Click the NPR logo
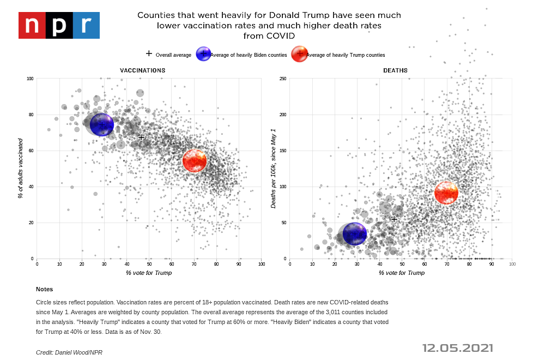click(59, 25)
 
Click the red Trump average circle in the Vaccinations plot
click(195, 160)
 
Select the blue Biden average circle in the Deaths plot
click(355, 234)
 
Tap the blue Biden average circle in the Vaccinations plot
click(102, 125)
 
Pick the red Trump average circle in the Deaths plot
click(446, 193)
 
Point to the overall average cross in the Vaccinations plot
click(141, 137)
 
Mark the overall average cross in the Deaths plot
click(394, 219)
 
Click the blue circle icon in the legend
click(203, 54)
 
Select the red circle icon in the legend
click(299, 54)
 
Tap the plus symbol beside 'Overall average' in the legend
click(149, 54)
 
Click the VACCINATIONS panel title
click(143, 70)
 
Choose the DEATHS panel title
click(395, 70)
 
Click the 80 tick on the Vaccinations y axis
click(31, 115)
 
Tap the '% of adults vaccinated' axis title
click(20, 168)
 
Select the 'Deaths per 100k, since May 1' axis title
click(274, 168)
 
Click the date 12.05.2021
click(457, 348)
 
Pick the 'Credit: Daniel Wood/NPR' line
click(69, 352)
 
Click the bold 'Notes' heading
click(44, 289)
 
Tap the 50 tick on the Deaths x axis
click(402, 265)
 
